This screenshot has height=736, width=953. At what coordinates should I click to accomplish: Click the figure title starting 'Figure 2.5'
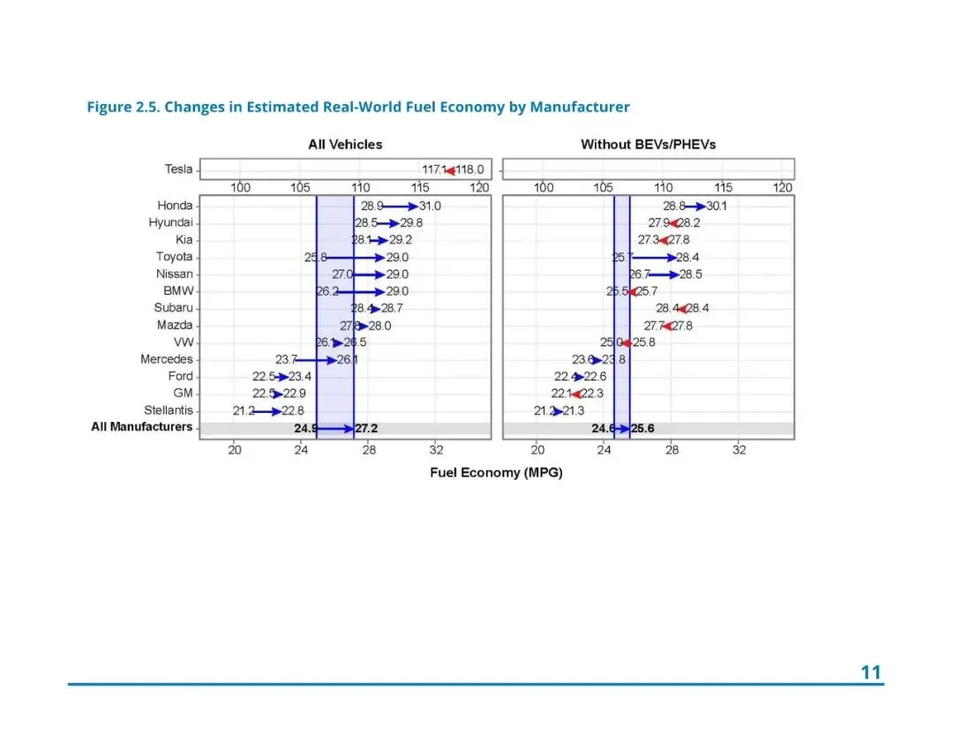click(358, 108)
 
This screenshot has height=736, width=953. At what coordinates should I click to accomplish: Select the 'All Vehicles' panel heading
click(345, 144)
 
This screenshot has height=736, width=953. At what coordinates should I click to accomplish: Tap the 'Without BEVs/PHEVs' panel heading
click(648, 144)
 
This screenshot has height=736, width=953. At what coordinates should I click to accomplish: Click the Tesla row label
click(178, 169)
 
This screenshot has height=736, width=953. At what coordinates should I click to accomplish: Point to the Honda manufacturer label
click(175, 206)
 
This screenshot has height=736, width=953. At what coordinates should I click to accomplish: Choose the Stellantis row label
click(168, 410)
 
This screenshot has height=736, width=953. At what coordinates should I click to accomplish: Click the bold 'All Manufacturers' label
click(141, 427)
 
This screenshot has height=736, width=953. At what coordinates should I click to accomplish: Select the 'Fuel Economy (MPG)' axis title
click(496, 472)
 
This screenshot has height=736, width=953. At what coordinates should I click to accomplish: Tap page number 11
click(871, 672)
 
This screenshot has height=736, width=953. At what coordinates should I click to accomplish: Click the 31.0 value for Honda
click(430, 206)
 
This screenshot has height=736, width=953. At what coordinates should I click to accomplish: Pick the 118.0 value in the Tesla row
click(469, 169)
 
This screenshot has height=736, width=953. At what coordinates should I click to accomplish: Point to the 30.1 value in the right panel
click(717, 206)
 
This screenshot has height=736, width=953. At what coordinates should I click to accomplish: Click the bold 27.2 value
click(366, 428)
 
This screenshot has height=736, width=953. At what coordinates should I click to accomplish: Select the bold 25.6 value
click(642, 428)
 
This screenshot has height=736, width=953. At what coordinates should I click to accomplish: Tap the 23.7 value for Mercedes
click(286, 359)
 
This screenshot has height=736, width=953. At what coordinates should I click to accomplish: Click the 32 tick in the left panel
click(436, 450)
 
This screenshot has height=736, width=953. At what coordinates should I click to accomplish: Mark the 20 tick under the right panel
click(537, 450)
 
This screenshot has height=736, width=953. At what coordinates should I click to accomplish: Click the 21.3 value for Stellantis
click(574, 411)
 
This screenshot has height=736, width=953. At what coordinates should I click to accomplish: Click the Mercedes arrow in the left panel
click(316, 359)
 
